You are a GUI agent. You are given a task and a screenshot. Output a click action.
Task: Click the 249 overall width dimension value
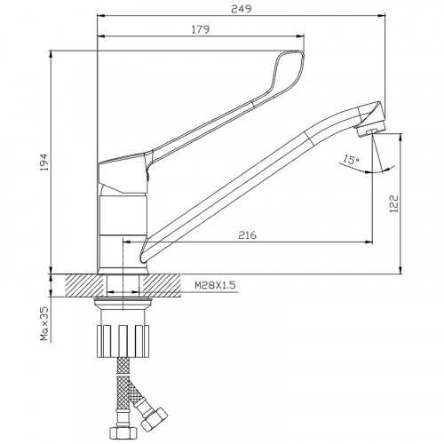point(242,9)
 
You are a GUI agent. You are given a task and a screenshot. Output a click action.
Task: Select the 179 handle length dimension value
point(201,29)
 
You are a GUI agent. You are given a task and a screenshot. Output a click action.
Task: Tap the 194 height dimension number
point(44,162)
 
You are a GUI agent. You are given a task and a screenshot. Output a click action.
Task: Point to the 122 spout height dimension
point(394,203)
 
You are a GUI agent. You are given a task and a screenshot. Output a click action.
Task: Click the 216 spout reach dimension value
point(248,235)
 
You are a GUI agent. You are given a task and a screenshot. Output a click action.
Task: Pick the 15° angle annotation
point(351,160)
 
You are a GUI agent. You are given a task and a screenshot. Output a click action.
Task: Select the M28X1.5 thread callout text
point(215,285)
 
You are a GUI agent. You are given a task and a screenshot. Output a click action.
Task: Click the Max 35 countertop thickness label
point(44,323)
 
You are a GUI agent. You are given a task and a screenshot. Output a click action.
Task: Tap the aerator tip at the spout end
point(370,130)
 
